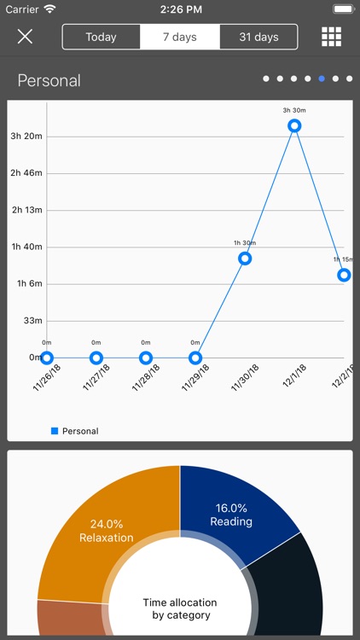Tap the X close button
point(25,36)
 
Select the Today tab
point(101,37)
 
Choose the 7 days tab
point(180,37)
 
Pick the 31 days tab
point(259,37)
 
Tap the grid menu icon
point(331,37)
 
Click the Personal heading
point(49,80)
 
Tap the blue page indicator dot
point(322,79)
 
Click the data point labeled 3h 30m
point(294,125)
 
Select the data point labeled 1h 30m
point(245,258)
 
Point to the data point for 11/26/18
point(47,358)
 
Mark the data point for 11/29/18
point(195,358)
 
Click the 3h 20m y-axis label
point(26,137)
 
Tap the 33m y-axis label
point(32,321)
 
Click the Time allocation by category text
point(180,608)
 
